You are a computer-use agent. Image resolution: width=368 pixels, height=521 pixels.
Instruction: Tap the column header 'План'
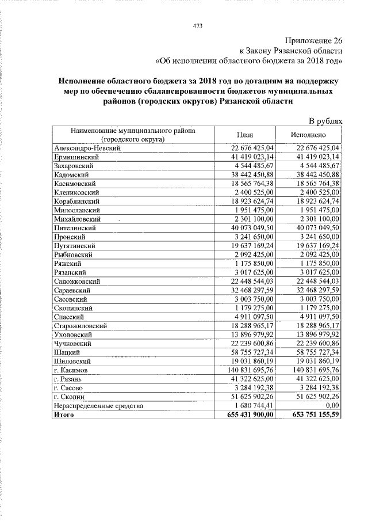point(246,135)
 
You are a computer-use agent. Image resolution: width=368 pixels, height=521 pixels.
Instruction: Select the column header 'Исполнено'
point(309,135)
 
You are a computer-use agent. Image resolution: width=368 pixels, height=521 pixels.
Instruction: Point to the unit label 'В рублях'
point(326,121)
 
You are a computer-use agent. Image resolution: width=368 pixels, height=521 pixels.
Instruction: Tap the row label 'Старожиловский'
point(80,326)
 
